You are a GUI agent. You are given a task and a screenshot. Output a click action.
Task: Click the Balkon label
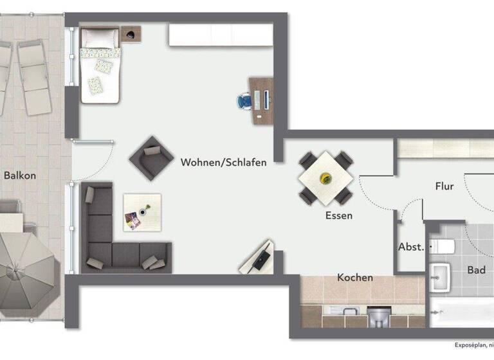point(20,175)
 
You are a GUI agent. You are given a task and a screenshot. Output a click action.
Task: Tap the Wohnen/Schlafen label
point(223,163)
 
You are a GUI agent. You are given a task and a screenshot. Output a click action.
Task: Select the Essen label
point(338,216)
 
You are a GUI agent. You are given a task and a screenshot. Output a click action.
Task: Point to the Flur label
point(444,186)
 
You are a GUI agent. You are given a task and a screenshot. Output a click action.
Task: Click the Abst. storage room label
point(411,247)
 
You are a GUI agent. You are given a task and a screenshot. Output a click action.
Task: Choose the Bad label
point(477,270)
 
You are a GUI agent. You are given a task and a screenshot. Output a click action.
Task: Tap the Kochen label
point(355,278)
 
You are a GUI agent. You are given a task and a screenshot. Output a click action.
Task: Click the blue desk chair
point(245,101)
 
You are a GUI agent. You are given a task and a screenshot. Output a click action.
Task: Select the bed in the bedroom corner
point(100,66)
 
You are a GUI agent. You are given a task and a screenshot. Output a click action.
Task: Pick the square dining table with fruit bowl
point(326,177)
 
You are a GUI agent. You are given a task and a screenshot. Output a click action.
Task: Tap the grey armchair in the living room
point(151,157)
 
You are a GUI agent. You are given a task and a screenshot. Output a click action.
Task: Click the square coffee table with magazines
point(142,212)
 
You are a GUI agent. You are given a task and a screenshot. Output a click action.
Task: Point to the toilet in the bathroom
point(444,246)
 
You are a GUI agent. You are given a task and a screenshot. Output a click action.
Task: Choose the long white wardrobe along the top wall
point(220,35)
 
